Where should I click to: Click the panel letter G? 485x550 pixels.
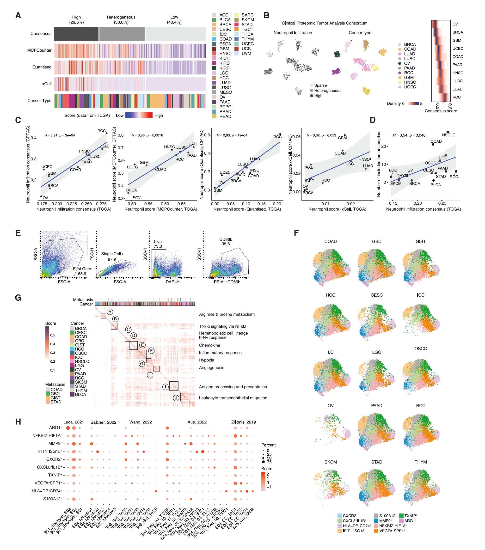[18, 298]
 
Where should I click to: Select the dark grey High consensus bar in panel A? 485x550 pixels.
[76, 34]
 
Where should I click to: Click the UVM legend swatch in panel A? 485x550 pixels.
[237, 54]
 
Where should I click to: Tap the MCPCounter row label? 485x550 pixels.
[39, 50]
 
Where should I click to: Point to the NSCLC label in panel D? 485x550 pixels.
[448, 135]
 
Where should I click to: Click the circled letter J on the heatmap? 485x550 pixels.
[176, 398]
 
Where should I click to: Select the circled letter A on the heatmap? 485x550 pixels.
[110, 312]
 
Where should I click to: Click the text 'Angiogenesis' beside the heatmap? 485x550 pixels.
[211, 367]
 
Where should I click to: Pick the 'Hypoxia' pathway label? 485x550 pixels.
[206, 360]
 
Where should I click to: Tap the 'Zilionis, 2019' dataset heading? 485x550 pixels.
[243, 422]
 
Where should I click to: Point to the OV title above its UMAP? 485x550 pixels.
[331, 405]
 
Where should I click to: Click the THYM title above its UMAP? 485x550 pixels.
[420, 462]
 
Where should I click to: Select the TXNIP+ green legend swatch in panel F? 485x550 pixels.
[401, 516]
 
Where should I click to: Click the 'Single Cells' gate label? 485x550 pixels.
[112, 254]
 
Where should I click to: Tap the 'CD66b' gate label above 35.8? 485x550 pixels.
[226, 239]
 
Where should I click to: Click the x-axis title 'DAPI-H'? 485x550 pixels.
[172, 282]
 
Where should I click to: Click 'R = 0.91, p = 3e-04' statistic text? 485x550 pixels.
[60, 135]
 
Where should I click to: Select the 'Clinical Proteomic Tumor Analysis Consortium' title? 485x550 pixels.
[324, 23]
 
